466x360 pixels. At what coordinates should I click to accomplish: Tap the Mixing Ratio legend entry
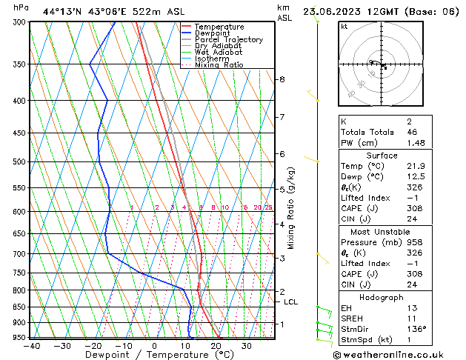[x=219, y=65]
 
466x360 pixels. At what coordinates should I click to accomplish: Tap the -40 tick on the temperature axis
[x=31, y=345]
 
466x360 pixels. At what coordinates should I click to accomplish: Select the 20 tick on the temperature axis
[x=216, y=345]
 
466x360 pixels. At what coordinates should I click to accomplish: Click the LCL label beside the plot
[x=291, y=302]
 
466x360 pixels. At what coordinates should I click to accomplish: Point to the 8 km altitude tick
[x=282, y=79]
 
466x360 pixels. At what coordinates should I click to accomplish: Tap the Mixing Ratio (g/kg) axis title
[x=291, y=207]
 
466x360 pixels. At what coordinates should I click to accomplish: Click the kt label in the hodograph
[x=344, y=26]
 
